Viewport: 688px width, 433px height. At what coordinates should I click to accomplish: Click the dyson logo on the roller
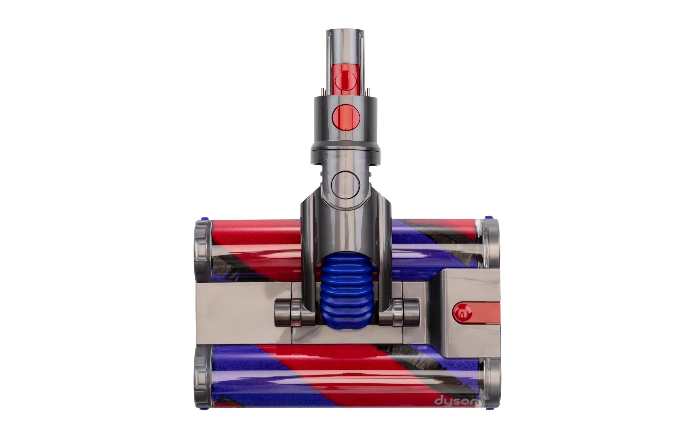(456, 401)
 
